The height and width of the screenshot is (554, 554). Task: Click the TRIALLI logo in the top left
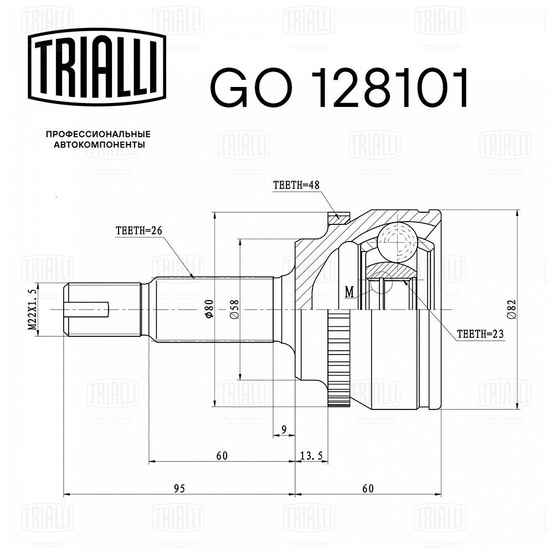pos(97,67)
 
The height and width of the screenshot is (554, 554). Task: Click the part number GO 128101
pos(340,88)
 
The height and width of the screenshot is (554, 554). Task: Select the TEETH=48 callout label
pos(296,185)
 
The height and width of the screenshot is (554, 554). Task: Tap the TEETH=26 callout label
pos(139,230)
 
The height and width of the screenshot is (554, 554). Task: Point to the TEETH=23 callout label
pos(480,334)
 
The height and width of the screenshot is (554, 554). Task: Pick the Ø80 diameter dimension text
pos(209,309)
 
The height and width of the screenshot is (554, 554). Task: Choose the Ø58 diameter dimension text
pos(234,309)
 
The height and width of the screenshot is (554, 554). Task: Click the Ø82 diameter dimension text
pos(512,309)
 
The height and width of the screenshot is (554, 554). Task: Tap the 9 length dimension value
pos(284,429)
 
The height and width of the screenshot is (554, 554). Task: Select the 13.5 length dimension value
pos(311,456)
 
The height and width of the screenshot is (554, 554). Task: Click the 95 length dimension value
pos(179,489)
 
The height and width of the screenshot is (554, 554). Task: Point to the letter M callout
pos(350,292)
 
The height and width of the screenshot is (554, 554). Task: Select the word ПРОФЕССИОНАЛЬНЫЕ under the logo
pos(98,134)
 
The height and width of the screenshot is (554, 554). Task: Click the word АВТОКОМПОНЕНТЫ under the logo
pos(99,145)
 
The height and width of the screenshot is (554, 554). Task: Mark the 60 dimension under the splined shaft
pos(222,456)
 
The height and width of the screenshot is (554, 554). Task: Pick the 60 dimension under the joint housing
pos(368,489)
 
